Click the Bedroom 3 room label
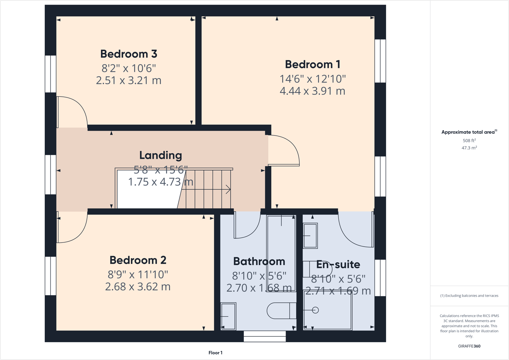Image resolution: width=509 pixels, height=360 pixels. (129, 54)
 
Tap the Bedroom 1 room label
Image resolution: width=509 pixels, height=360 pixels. (313, 64)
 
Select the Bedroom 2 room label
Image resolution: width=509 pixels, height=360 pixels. (138, 260)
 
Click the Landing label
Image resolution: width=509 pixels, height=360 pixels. (160, 155)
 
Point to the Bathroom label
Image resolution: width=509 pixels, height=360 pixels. (259, 261)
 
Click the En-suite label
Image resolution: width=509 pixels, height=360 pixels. (338, 264)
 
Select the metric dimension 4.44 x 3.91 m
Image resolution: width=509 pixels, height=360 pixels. (313, 91)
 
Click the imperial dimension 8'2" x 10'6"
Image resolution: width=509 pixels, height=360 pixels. (129, 68)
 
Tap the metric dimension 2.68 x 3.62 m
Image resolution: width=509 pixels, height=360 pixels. (138, 286)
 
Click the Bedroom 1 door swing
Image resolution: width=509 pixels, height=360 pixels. (284, 151)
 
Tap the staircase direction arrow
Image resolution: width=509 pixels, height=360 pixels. (228, 189)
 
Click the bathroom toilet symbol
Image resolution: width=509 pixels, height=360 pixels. (281, 311)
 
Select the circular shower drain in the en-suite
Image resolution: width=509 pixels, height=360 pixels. (315, 310)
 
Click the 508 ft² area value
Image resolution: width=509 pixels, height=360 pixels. (469, 140)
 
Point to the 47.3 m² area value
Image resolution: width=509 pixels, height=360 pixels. (469, 148)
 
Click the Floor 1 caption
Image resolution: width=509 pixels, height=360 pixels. (215, 353)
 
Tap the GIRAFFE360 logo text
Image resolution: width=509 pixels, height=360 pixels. (469, 346)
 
